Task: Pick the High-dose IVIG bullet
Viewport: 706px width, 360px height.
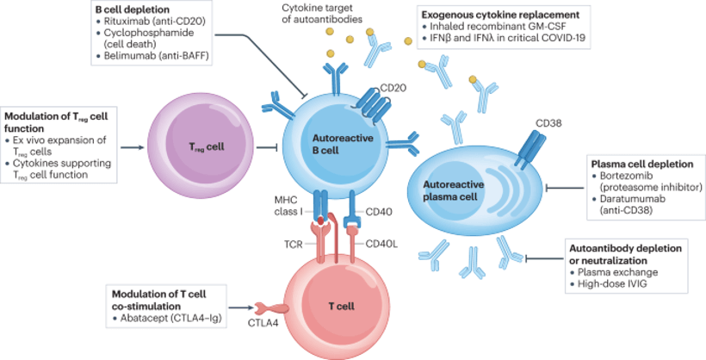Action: coord(609,283)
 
